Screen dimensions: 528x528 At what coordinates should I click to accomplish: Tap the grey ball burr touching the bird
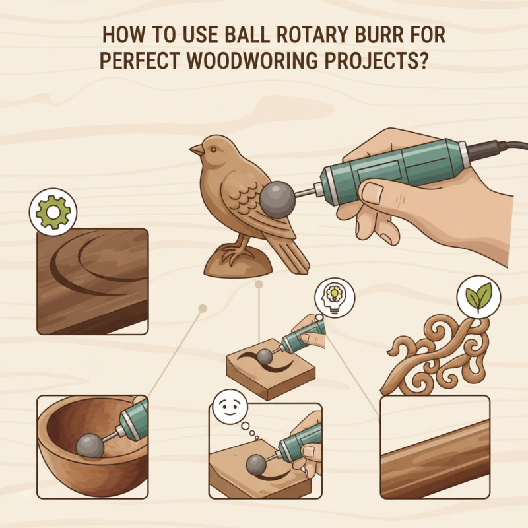tap(278, 198)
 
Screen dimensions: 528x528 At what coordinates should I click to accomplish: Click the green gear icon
tap(53, 211)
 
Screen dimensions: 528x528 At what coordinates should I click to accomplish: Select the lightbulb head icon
tap(335, 297)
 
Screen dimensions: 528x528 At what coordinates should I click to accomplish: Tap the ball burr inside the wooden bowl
tap(89, 445)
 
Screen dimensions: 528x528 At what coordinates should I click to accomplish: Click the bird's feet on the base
tap(231, 254)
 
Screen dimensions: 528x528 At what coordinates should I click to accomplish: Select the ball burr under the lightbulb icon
tap(264, 357)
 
